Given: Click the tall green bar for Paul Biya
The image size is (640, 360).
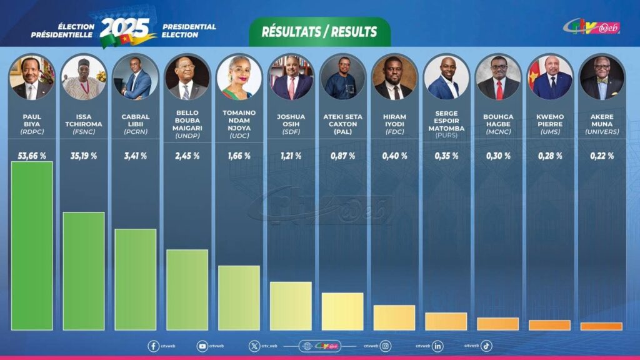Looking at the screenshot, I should [32, 246].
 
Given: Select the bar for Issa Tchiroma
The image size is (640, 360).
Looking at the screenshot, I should [84, 271].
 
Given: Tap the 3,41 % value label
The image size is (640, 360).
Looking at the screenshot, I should [135, 156].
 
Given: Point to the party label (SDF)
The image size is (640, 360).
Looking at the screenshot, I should [291, 132].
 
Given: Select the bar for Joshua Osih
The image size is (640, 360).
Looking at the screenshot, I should [291, 306].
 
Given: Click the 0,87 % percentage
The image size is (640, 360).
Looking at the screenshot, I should [342, 156].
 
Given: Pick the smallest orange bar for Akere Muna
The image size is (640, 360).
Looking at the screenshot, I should [601, 326].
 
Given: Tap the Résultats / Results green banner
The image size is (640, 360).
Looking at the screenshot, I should [319, 31].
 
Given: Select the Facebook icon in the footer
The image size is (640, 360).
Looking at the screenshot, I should [153, 346].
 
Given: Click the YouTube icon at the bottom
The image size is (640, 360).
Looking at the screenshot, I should [202, 346].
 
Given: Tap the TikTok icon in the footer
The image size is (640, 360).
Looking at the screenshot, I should [486, 346].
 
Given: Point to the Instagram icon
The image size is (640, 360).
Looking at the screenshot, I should [386, 346].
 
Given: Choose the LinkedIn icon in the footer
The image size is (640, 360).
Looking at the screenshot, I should [437, 346].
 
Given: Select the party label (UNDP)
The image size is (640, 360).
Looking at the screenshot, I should [187, 136].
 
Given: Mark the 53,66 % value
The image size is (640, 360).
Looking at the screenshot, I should [32, 156].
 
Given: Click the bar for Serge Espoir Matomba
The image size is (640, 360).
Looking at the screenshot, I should [446, 321].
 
